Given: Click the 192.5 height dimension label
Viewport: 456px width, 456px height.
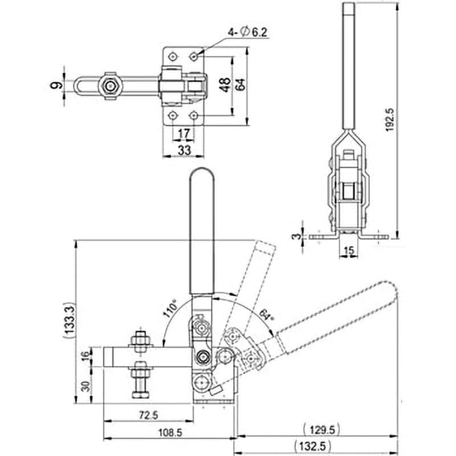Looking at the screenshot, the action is (390, 120).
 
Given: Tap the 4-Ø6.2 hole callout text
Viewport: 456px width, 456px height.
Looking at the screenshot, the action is (247, 32).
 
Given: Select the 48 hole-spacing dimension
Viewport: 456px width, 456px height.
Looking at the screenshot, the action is (225, 85).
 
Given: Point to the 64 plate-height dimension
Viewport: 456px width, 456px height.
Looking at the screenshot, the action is (240, 85).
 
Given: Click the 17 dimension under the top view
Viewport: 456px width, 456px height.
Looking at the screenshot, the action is (184, 134).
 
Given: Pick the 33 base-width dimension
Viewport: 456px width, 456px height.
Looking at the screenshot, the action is (184, 150).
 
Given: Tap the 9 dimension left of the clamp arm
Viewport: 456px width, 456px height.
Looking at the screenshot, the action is (56, 85).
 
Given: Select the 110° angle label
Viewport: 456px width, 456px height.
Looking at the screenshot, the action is (170, 308).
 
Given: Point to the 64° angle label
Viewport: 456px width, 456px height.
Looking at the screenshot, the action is (266, 315).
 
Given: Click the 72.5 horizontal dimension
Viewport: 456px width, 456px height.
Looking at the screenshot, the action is (148, 415).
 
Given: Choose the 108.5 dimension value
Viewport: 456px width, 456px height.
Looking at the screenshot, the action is (170, 433).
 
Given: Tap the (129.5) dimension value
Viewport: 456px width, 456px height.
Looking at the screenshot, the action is (321, 430).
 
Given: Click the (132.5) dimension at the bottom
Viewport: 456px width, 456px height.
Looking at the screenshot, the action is (312, 446).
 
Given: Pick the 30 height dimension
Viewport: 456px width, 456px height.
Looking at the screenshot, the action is (87, 386).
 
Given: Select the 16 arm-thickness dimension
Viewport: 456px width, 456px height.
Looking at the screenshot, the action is (85, 356).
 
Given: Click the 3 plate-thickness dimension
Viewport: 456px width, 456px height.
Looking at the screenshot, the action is (295, 236).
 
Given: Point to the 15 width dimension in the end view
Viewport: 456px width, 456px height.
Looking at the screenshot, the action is (349, 250).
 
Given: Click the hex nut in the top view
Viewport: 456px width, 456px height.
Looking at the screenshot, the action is (110, 86).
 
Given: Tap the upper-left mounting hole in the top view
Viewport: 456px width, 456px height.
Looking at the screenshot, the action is (173, 56).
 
